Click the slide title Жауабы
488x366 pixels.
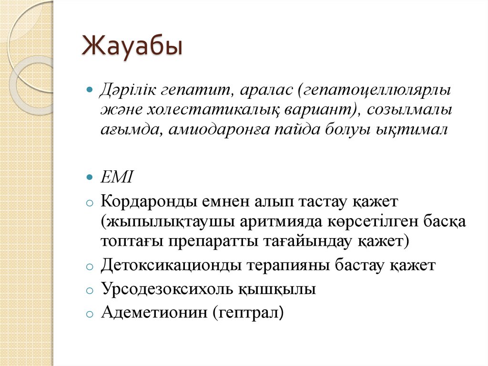point(132,48)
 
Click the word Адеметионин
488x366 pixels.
point(154,313)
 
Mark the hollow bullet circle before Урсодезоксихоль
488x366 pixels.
point(89,290)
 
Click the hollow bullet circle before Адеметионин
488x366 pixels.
point(89,314)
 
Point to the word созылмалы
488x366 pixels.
point(409,110)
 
